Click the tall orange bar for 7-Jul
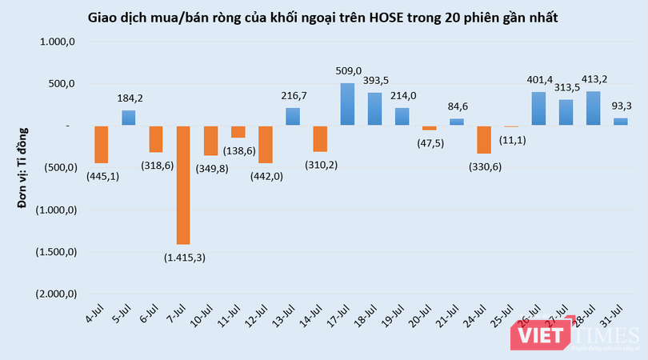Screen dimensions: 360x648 (183, 185)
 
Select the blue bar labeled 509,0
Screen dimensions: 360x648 (347, 104)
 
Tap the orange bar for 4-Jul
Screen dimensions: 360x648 (102, 144)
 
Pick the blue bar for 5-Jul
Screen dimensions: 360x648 (129, 118)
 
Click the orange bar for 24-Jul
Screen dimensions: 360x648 (483, 139)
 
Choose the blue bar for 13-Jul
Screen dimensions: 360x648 (293, 117)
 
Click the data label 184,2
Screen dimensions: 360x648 (129, 98)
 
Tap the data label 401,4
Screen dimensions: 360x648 (538, 80)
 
